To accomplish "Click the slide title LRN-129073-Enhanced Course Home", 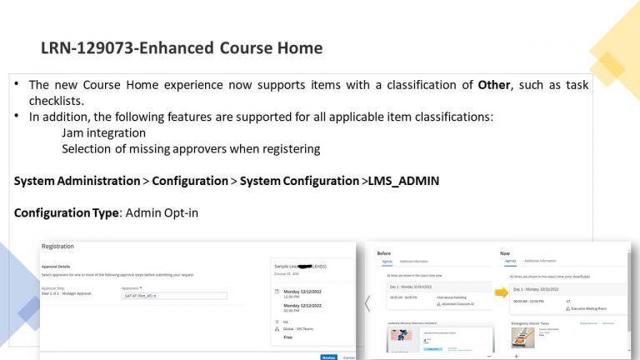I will click(x=181, y=48).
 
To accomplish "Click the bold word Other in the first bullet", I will click(x=494, y=85).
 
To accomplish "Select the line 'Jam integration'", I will click(x=103, y=132).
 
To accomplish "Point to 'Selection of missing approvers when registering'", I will click(x=190, y=148).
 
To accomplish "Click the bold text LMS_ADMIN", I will click(x=403, y=181).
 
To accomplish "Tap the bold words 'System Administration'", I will click(x=77, y=181).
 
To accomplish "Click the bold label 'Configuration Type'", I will click(x=66, y=212).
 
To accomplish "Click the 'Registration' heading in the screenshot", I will click(x=57, y=247).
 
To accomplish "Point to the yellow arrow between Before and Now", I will click(x=502, y=292).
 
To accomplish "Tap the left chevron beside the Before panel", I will click(x=367, y=303).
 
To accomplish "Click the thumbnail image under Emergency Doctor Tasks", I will click(x=522, y=337).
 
